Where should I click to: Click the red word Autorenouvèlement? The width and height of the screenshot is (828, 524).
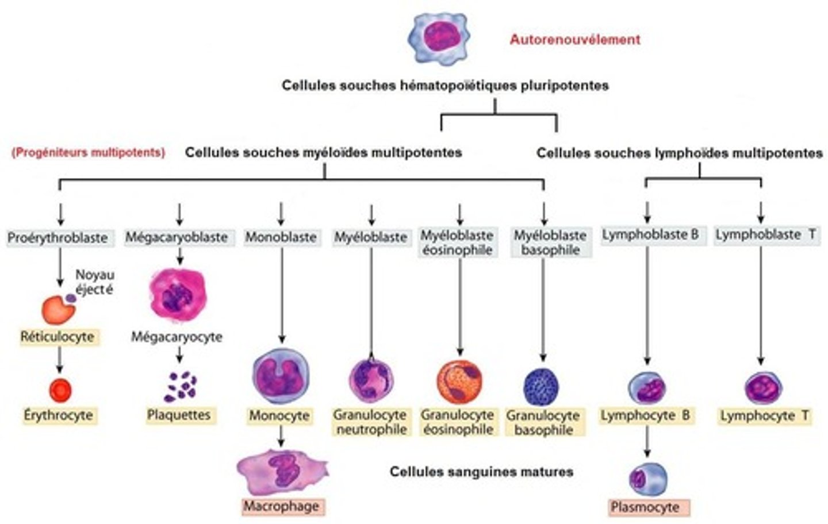click(574, 40)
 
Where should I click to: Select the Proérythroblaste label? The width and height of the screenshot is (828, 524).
click(57, 237)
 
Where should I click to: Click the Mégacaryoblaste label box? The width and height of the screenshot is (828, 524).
click(177, 237)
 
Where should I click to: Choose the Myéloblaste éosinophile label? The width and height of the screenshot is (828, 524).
click(457, 243)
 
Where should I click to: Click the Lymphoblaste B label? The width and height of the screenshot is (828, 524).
click(650, 235)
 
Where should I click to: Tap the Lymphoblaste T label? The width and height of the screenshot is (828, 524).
click(765, 235)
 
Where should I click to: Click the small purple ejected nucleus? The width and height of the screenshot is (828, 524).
click(70, 298)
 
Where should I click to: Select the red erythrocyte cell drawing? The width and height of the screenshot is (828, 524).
click(59, 390)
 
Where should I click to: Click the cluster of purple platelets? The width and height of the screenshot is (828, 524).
click(181, 386)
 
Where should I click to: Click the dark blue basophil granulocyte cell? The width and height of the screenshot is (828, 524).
click(541, 386)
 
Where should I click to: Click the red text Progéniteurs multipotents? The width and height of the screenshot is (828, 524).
click(88, 153)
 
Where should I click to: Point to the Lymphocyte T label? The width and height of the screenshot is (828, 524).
click(765, 416)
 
